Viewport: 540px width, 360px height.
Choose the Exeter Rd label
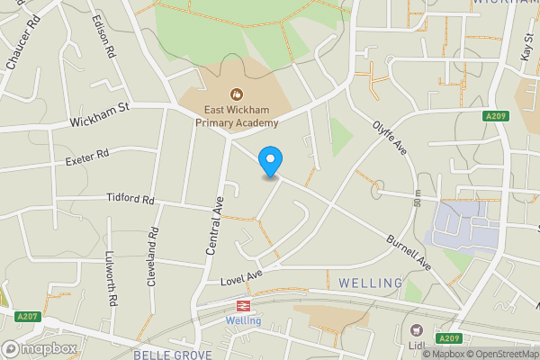point(86,157)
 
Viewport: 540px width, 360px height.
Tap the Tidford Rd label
point(130,198)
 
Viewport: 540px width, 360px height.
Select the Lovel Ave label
point(241,278)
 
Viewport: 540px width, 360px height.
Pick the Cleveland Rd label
point(153,256)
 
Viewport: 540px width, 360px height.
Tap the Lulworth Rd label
point(112,280)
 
